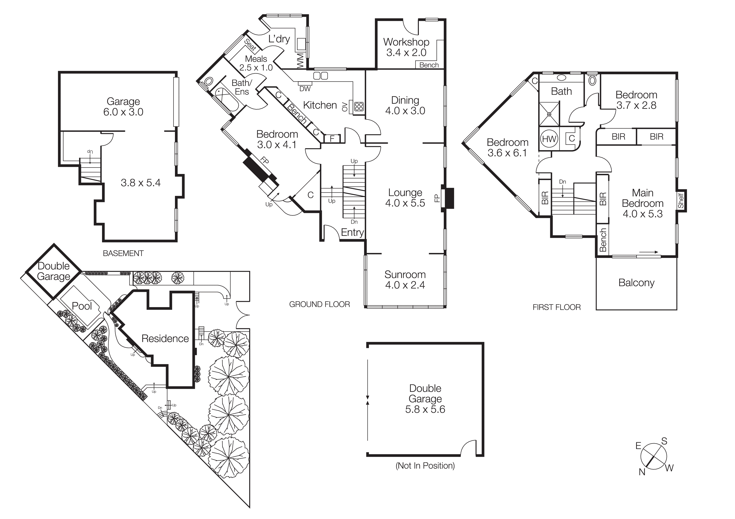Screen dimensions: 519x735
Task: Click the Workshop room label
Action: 406,42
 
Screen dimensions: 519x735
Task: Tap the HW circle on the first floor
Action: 549,139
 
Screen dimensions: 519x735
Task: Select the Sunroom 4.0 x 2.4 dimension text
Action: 405,285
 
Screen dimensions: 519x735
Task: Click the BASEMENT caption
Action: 123,253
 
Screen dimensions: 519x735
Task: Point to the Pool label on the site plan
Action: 82,306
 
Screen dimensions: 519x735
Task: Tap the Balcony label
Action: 636,283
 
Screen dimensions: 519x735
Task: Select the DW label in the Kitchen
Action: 305,89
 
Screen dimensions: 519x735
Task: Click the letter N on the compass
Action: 642,472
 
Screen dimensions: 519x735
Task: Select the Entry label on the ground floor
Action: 352,232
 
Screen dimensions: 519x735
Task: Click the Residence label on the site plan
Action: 165,339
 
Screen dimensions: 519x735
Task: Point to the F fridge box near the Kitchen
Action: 332,138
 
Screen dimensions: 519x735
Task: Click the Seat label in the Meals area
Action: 250,45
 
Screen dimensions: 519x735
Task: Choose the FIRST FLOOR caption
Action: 556,307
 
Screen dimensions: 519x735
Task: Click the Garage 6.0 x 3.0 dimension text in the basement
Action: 123,112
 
